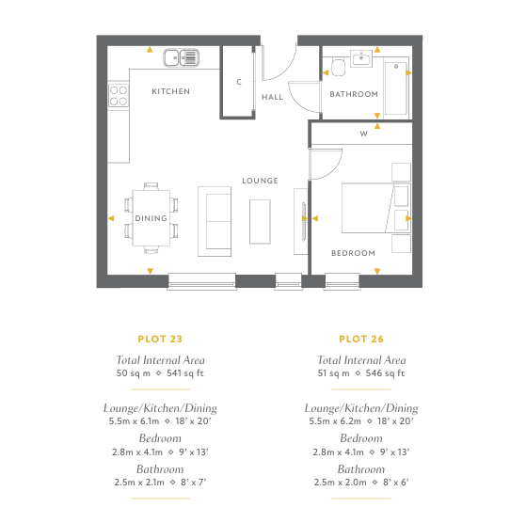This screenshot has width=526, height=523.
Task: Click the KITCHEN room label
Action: point(170,91)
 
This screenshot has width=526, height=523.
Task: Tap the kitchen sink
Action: point(182,57)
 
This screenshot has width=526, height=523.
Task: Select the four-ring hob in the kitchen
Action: point(119,96)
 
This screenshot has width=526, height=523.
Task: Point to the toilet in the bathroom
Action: point(338,68)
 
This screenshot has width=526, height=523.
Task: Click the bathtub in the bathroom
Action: point(396,87)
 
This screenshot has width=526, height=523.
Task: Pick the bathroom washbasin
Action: point(361,58)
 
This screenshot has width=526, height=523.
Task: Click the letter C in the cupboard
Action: point(239,82)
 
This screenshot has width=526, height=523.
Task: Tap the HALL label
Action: point(272,97)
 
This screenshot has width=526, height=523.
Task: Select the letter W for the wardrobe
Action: point(363,134)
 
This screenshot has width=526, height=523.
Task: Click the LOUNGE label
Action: point(261,181)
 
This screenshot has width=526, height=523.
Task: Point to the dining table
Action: point(151,218)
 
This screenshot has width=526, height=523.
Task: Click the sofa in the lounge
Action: point(215,222)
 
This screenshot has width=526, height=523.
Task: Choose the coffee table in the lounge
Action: point(260,222)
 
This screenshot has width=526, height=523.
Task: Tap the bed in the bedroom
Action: point(376,208)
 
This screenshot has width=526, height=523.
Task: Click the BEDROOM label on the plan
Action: point(353,253)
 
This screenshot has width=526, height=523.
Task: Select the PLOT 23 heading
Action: point(160,339)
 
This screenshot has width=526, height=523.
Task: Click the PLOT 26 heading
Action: point(361,339)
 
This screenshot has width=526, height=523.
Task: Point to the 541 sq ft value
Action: point(185,373)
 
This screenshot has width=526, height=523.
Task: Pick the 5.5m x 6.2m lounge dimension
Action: point(335,421)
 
